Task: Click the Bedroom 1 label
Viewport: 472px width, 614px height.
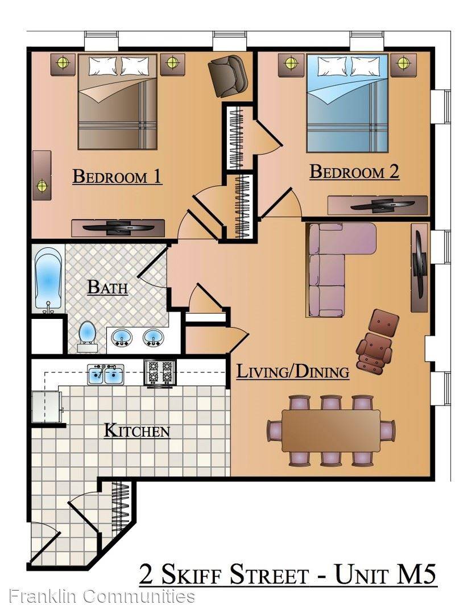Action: pyautogui.click(x=117, y=177)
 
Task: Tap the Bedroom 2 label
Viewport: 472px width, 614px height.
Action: pyautogui.click(x=354, y=172)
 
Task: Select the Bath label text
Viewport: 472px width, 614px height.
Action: pyautogui.click(x=107, y=288)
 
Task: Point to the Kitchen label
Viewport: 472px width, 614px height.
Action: pyautogui.click(x=136, y=431)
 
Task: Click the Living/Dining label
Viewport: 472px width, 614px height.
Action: pyautogui.click(x=293, y=372)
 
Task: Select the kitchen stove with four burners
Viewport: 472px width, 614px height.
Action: pyautogui.click(x=160, y=373)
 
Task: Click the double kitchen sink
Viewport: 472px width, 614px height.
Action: pyautogui.click(x=105, y=375)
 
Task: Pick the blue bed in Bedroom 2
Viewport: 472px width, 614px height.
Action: pyautogui.click(x=347, y=103)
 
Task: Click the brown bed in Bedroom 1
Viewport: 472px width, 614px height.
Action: pyautogui.click(x=118, y=102)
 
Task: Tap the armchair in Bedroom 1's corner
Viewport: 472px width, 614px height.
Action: pyautogui.click(x=227, y=76)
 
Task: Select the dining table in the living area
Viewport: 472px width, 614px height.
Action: pyautogui.click(x=331, y=431)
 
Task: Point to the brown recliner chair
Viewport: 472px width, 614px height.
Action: pyautogui.click(x=376, y=341)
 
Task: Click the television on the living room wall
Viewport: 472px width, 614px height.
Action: pyautogui.click(x=419, y=267)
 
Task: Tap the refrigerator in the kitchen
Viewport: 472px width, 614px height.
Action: pyautogui.click(x=47, y=406)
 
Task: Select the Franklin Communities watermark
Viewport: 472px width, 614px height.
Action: pyautogui.click(x=102, y=596)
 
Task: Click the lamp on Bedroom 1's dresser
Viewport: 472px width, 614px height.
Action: pyautogui.click(x=42, y=185)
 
